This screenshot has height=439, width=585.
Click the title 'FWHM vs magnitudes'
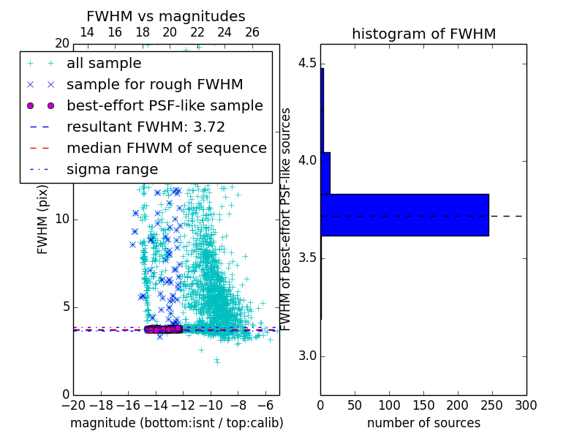166,16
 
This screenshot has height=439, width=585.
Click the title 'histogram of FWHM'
423,34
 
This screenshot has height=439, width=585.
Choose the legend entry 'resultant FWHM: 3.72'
146,127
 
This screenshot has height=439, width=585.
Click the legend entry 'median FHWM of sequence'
166,148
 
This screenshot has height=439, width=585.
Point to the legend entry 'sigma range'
112,170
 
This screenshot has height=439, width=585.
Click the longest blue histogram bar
404,215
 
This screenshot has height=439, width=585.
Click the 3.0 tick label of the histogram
306,356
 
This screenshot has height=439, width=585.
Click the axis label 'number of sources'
423,423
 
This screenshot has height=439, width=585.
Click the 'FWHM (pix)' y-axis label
43,219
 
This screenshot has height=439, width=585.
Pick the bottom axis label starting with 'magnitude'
176,423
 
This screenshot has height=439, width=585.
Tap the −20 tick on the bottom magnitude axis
73,405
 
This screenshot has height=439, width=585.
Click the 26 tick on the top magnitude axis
252,32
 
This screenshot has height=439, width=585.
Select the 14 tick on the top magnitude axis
87,32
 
